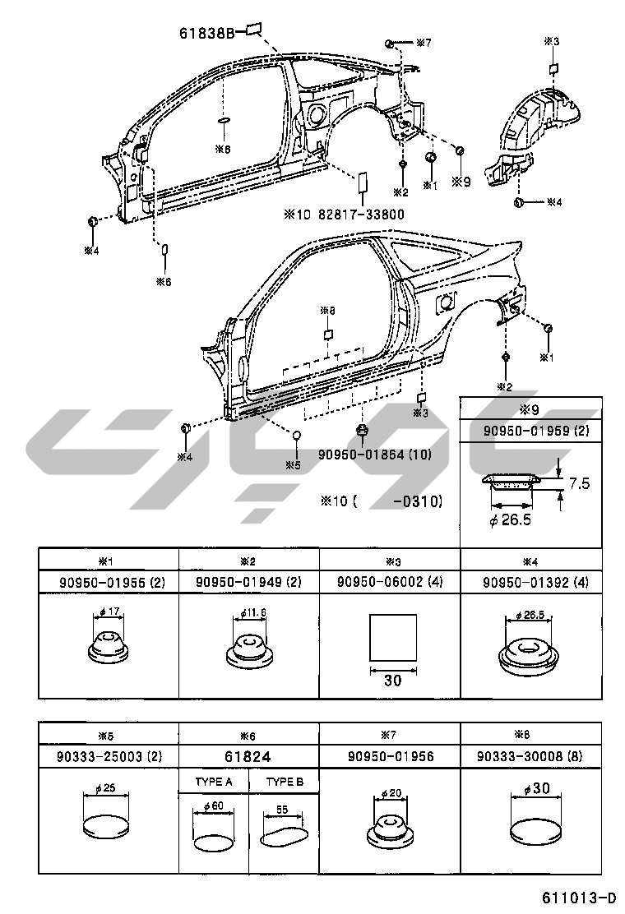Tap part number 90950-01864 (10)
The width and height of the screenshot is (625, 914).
[373, 454]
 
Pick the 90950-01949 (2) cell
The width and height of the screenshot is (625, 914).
[249, 582]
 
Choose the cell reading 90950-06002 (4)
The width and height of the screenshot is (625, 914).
[391, 582]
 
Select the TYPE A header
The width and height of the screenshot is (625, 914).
[214, 782]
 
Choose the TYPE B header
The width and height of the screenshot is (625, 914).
[285, 782]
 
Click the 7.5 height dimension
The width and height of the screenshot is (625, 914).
[579, 483]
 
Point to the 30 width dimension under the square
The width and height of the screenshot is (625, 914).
[392, 681]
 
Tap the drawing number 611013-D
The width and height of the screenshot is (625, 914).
[579, 897]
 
